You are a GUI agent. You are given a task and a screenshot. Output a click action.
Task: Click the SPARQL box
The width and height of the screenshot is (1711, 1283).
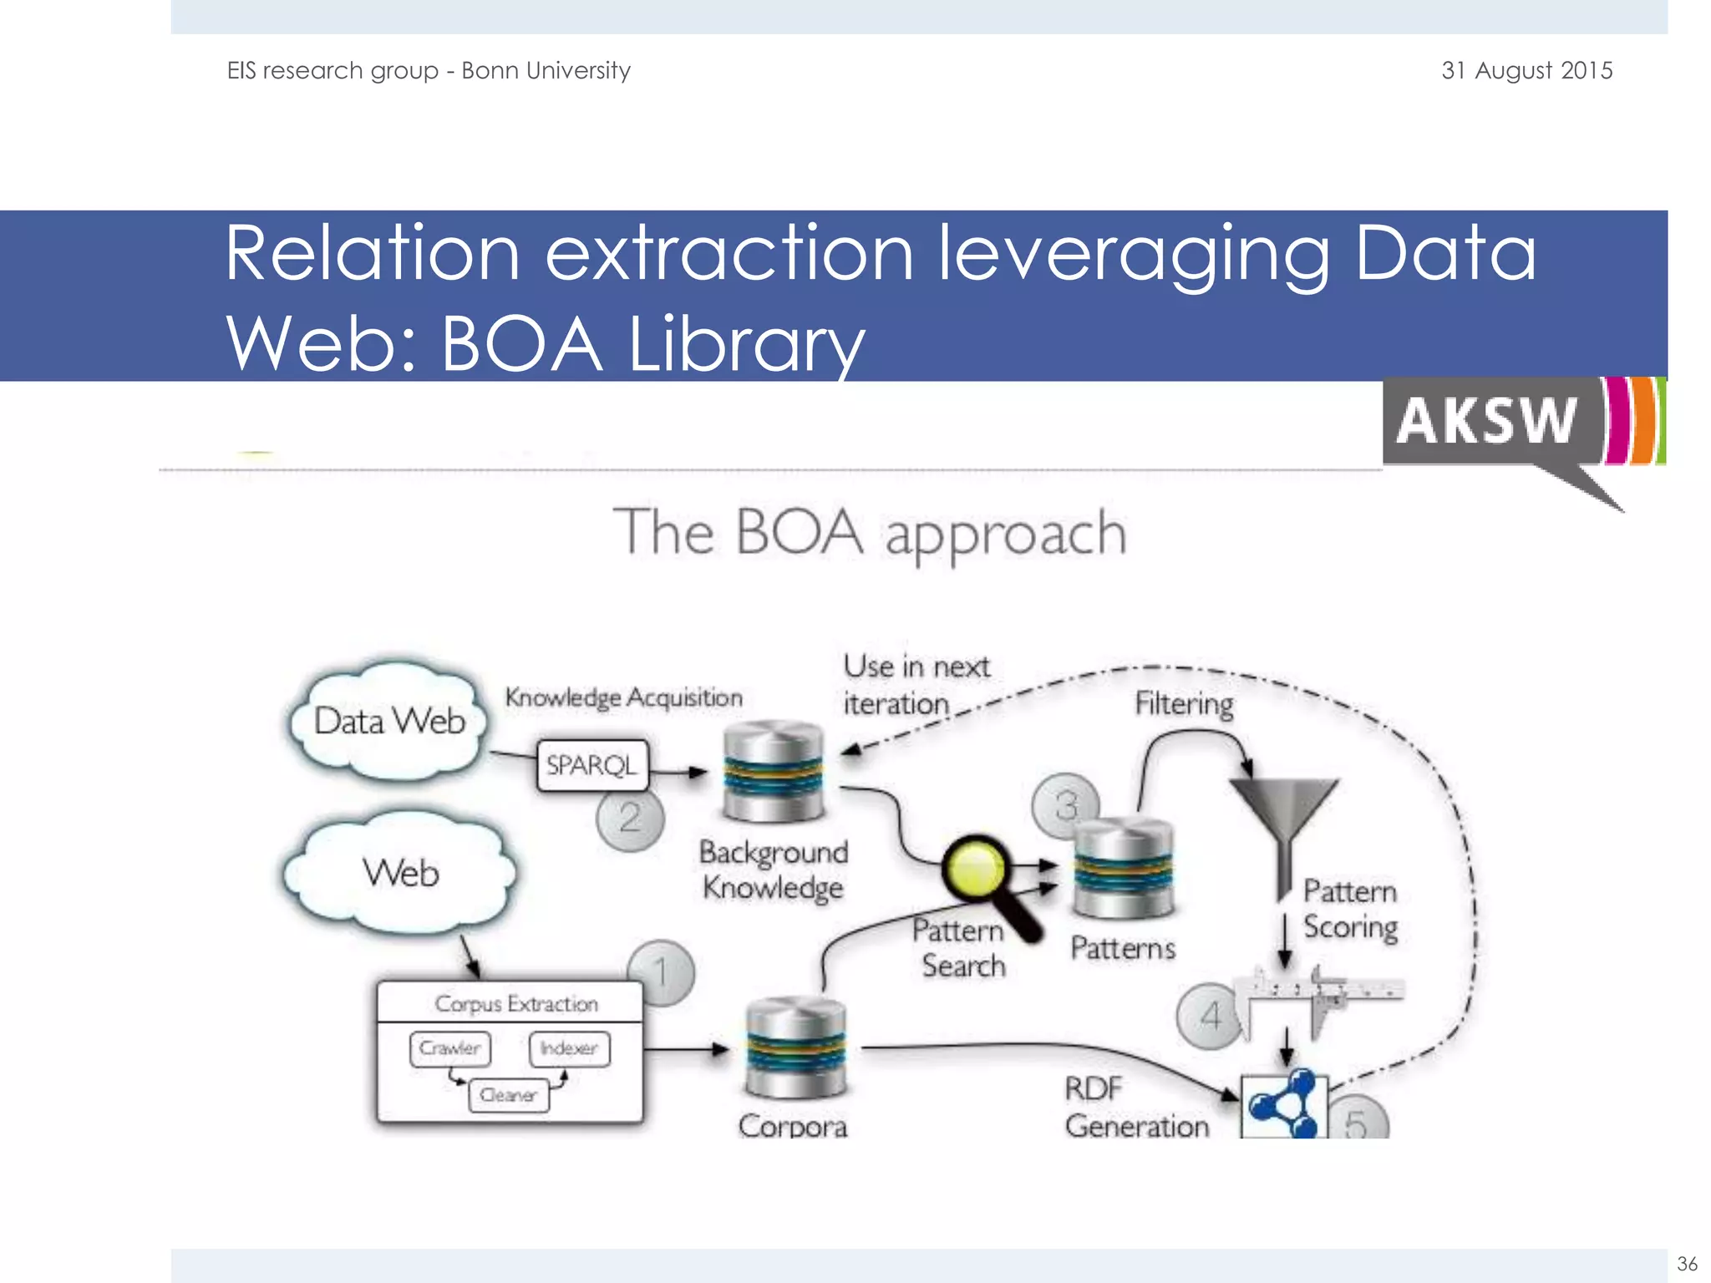pos(591,765)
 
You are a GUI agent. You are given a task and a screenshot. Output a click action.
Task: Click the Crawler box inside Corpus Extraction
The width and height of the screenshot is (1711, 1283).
pos(450,1048)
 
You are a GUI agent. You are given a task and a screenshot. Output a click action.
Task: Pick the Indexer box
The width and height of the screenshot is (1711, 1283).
pos(569,1048)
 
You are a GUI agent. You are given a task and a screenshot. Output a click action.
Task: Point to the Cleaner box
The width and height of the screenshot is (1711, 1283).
pos(508,1095)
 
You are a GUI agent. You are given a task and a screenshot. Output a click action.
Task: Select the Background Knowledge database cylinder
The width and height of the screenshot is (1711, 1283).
pos(773,773)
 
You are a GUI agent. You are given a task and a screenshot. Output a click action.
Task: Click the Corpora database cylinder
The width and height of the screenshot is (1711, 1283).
pos(795,1047)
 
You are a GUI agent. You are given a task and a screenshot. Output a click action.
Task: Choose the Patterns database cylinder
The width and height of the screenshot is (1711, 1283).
pos(1123,869)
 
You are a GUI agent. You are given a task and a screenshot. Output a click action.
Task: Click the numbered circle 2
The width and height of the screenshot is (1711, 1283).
pos(630,818)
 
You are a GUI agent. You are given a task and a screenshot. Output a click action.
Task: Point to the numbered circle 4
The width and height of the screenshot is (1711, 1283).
pos(1209,1017)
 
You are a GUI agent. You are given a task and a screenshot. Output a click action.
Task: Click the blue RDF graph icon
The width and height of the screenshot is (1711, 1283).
pos(1282,1104)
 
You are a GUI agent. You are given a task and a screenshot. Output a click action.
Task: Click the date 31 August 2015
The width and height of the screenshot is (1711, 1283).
pos(1526,71)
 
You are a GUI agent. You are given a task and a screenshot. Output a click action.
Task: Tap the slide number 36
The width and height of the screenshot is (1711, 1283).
pos(1687,1263)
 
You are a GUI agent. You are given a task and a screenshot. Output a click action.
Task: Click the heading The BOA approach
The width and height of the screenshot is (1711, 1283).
pos(870,533)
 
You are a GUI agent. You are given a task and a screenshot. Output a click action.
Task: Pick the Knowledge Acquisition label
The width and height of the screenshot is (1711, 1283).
pos(623,697)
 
